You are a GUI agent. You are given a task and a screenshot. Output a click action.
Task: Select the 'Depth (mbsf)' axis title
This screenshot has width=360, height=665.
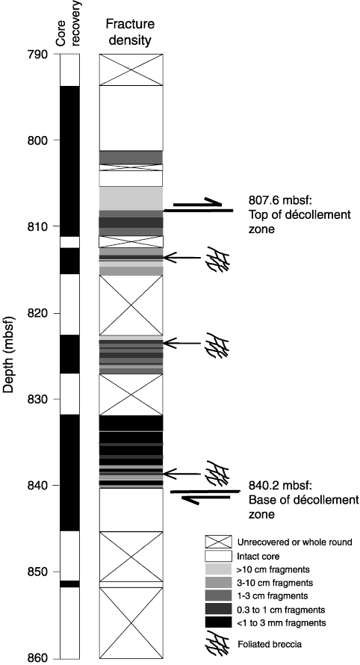(9, 355)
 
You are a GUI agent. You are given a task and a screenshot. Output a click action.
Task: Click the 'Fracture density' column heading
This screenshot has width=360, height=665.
(130, 31)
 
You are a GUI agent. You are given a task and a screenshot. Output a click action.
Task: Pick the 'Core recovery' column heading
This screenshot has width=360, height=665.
(68, 23)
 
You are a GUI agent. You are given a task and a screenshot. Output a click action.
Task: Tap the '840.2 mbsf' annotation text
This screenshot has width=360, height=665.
(277, 486)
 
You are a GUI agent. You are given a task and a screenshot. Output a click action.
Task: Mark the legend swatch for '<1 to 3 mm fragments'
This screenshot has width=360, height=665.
(218, 622)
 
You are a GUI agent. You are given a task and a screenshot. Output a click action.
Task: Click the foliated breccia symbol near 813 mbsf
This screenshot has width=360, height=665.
(218, 259)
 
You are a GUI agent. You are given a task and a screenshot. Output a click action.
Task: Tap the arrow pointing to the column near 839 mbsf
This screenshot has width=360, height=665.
(182, 473)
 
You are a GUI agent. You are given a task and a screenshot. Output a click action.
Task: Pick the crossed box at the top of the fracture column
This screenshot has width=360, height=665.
(131, 70)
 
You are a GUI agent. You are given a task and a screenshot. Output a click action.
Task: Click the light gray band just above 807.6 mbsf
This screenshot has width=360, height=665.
(131, 199)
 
